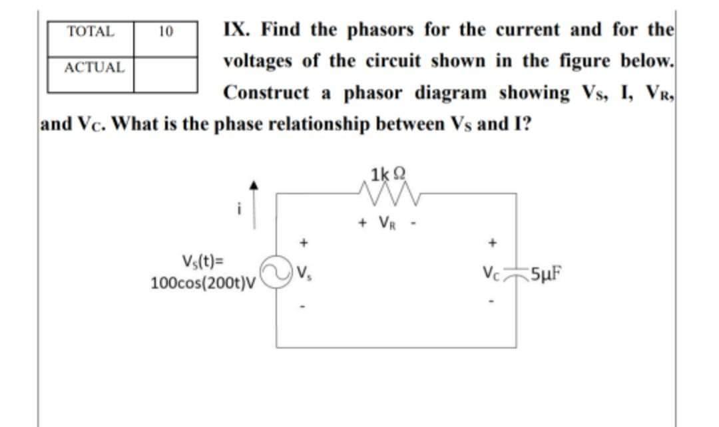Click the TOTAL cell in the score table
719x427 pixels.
tap(91, 31)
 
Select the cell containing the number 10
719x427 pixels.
tap(166, 31)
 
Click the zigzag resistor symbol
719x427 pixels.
tap(387, 194)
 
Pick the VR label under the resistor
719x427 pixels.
tap(387, 221)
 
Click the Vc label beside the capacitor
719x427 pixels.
tap(494, 273)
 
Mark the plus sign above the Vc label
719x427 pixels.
tap(494, 243)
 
